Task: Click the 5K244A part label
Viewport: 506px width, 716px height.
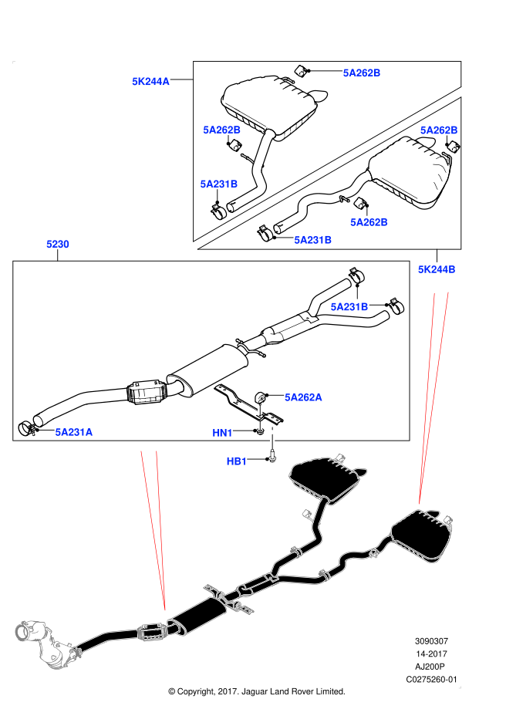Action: point(150,81)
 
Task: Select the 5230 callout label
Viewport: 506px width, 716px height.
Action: point(58,244)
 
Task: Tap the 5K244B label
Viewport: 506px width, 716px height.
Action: point(437,269)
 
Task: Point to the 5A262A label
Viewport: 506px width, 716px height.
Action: point(303,397)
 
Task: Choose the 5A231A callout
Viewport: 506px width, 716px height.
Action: point(74,432)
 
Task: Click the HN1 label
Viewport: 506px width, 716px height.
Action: point(222,433)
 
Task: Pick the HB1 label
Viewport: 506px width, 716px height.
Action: point(237,461)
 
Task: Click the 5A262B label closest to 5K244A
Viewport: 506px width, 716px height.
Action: point(221,130)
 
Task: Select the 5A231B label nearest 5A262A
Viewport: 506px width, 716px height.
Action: point(349,307)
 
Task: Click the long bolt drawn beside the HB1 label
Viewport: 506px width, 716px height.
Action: point(272,436)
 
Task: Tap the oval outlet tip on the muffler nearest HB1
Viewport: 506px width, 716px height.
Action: point(359,471)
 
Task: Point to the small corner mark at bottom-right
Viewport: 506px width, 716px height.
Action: point(460,687)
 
